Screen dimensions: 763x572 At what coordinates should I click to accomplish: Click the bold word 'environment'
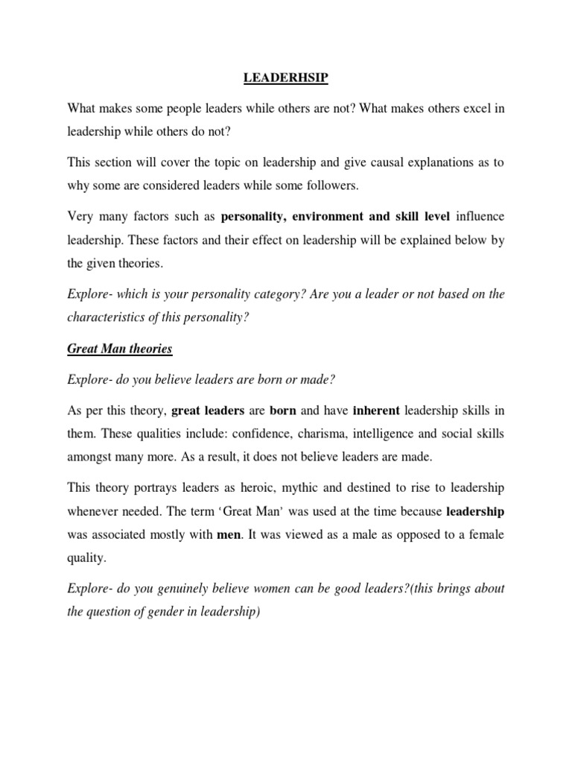coord(331,218)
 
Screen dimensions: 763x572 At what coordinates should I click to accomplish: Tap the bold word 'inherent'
coord(376,411)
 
